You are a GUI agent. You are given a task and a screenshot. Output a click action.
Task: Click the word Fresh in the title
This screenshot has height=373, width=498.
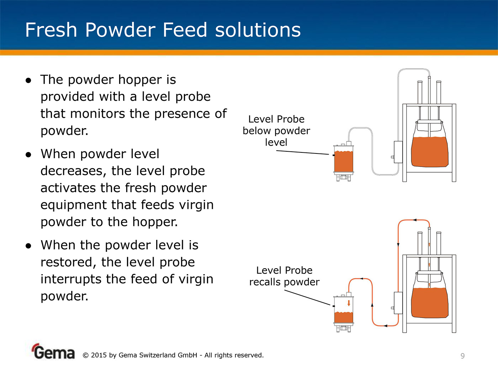coord(51,30)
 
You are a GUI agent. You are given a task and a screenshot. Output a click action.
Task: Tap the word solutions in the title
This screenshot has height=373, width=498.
coord(258,30)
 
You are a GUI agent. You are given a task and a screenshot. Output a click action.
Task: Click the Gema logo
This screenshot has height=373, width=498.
coord(53,351)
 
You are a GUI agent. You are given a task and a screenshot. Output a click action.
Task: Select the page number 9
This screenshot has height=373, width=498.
coord(463,356)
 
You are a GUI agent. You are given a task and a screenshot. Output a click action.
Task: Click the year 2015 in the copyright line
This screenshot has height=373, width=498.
coord(99,355)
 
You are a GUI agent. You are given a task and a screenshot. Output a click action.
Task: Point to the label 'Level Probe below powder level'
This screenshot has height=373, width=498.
coord(276,131)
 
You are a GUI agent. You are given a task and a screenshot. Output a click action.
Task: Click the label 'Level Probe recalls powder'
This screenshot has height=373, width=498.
coord(284,276)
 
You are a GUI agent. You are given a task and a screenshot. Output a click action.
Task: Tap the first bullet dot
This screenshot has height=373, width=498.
coord(28,80)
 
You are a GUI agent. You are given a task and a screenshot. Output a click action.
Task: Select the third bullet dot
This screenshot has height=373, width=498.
coord(28,246)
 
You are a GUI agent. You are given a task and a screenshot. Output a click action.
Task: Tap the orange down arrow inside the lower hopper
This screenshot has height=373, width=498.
coord(349,303)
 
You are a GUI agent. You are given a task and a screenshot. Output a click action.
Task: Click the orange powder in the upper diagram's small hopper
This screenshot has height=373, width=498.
coord(344,161)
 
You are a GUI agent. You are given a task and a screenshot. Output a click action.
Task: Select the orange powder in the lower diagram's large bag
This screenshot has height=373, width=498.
coord(430,303)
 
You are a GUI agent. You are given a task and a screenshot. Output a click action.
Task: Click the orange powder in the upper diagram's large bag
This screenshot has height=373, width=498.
coord(430,152)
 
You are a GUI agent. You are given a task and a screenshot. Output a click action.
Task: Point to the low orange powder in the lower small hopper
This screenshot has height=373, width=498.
coord(344,317)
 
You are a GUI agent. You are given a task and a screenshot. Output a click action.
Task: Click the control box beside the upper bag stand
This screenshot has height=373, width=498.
coord(398,152)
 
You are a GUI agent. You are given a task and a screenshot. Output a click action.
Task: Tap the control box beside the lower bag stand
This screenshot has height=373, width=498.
coord(398,303)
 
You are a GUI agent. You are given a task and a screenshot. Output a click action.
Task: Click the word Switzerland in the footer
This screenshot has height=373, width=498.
coord(157,355)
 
